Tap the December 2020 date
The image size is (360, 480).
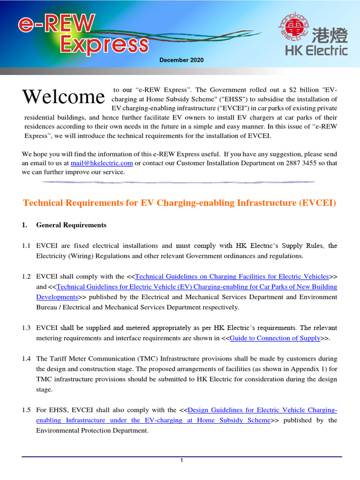point(181,60)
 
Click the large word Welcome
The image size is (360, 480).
point(63,97)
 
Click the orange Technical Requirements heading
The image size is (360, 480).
point(180,203)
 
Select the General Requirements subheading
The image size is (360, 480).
point(71,225)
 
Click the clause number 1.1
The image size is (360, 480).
point(27,246)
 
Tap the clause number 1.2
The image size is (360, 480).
point(27,277)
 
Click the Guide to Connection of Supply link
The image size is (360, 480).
point(278,338)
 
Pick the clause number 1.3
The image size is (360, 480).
point(27,328)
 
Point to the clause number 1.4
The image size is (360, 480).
point(27,359)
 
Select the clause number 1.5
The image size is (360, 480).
point(27,410)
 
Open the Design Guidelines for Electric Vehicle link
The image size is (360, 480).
point(262,410)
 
